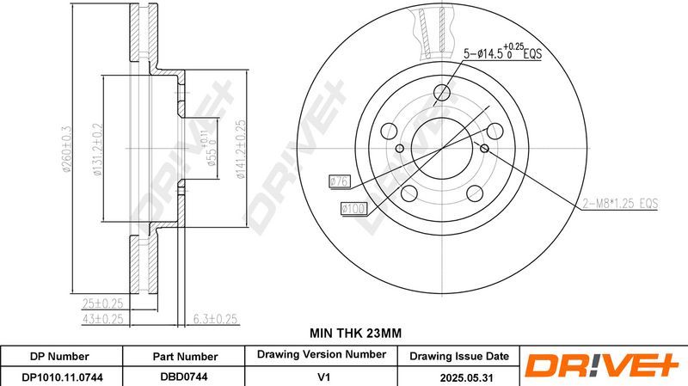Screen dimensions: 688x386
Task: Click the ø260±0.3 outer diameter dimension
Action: (67, 149)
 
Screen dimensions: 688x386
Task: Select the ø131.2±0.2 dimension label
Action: (97, 149)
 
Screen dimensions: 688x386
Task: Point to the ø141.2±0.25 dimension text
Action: (241, 149)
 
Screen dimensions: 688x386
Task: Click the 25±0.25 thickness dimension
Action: (102, 303)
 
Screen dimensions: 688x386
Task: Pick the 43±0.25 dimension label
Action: (102, 319)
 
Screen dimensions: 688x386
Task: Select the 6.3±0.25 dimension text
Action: (216, 319)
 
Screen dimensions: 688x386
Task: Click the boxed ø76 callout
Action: (340, 181)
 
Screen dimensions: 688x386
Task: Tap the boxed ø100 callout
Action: (353, 208)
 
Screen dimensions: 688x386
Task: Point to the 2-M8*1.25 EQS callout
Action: (620, 204)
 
